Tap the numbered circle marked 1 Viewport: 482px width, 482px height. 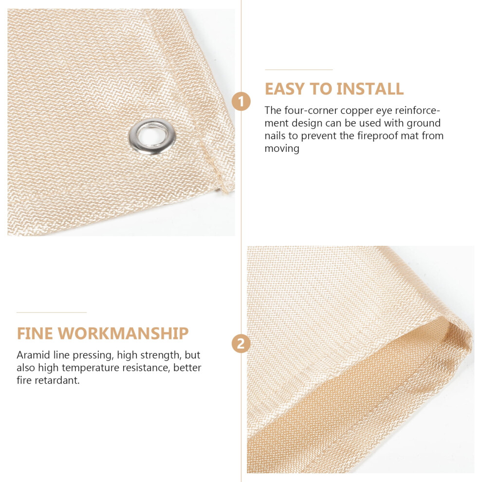[x=241, y=101]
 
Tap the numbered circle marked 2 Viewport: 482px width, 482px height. [x=241, y=344]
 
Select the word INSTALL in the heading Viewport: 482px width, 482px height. [x=370, y=89]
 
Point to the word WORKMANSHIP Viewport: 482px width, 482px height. [x=123, y=334]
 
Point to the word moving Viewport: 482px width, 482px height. [x=282, y=149]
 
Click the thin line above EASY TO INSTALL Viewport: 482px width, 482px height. [x=299, y=70]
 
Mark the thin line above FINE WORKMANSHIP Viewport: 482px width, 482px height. [x=52, y=312]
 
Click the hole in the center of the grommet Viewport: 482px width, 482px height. [x=152, y=135]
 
